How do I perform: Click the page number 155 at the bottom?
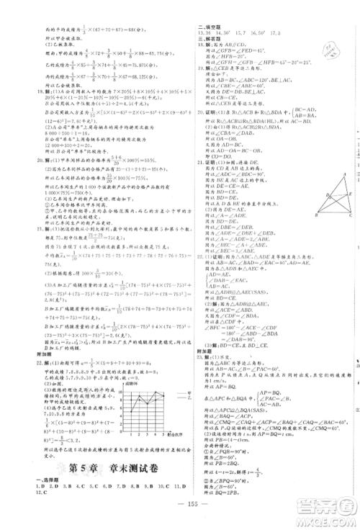point(180,508)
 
